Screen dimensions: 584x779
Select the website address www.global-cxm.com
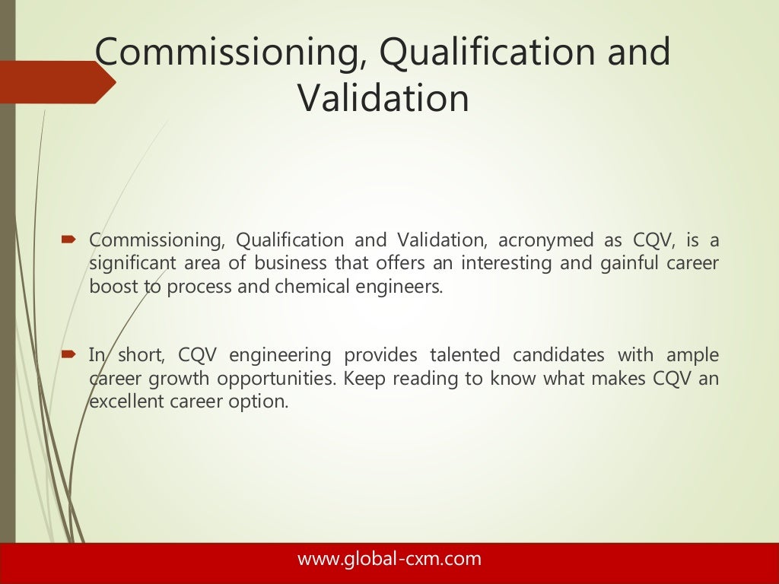click(x=389, y=559)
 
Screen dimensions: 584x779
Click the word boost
click(x=112, y=287)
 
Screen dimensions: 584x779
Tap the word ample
click(x=692, y=355)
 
